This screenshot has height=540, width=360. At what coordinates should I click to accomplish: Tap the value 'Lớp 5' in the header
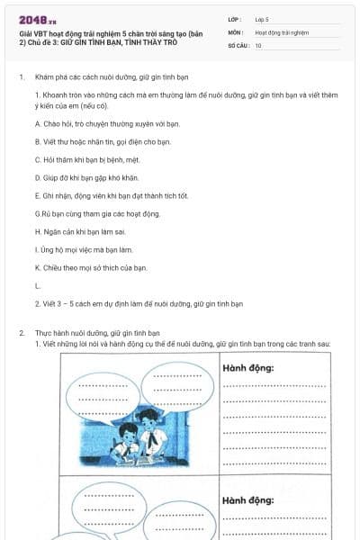(x=262, y=18)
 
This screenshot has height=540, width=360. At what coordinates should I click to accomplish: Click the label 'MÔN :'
(x=237, y=31)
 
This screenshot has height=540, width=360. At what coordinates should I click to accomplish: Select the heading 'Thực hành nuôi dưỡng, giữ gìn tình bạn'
(x=96, y=333)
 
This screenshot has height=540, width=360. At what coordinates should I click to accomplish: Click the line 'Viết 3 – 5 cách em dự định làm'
(x=139, y=303)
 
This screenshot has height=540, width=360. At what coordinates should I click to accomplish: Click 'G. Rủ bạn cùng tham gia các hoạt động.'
(x=97, y=213)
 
